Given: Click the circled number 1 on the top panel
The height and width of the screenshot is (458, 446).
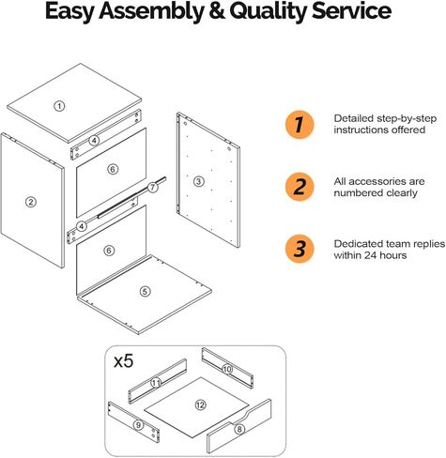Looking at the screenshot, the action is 59,106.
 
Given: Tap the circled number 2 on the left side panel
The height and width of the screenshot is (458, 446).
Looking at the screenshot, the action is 31,202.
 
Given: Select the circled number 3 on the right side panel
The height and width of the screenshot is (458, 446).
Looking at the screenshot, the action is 199,181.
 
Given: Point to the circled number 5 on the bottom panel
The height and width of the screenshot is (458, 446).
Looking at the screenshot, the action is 145,292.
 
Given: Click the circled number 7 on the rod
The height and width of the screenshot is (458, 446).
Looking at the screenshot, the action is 152,188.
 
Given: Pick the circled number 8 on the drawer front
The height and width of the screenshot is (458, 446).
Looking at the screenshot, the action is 239,429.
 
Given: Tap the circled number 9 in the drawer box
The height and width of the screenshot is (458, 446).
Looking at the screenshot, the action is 138,425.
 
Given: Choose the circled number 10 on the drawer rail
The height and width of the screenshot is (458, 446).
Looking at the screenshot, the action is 227,369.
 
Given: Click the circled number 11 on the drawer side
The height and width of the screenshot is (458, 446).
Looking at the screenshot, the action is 156,383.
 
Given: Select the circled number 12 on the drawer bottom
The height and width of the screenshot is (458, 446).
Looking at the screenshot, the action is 200,405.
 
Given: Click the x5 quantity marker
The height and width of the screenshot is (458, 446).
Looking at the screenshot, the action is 124,361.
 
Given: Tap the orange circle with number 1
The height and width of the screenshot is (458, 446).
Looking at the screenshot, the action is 300,125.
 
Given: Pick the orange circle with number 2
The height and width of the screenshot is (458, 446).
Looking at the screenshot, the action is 300,187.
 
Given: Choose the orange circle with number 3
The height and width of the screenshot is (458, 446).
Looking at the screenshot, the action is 300,249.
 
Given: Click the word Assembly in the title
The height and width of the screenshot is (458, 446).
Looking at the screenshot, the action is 151,11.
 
